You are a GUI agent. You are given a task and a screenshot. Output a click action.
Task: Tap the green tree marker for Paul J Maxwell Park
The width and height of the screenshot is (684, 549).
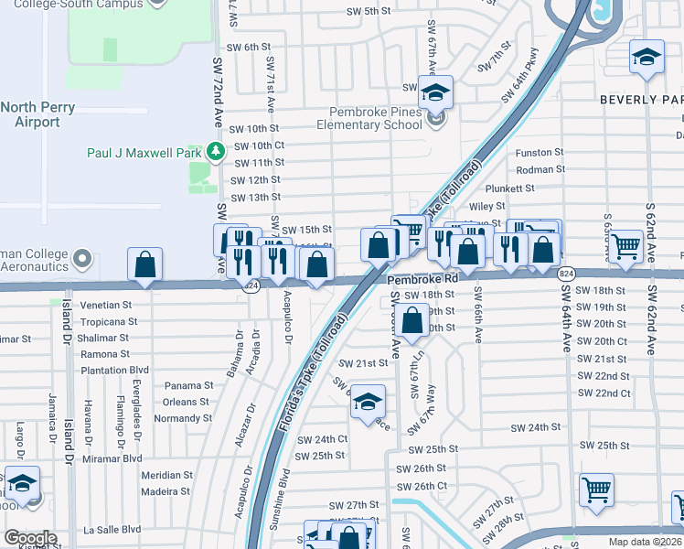pyautogui.click(x=215, y=150)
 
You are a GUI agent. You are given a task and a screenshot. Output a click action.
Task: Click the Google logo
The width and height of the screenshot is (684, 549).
pyautogui.click(x=30, y=537)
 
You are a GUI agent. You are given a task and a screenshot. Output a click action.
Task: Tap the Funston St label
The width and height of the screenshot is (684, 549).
pyautogui.click(x=540, y=153)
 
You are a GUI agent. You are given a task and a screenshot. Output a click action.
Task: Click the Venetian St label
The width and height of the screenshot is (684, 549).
pyautogui.click(x=106, y=305)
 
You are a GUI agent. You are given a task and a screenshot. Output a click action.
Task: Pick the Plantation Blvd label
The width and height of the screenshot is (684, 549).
pyautogui.click(x=115, y=371)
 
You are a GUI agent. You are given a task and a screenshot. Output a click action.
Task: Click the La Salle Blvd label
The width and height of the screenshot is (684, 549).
pyautogui.click(x=112, y=529)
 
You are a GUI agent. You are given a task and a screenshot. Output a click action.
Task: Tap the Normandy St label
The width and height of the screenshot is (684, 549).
pyautogui.click(x=183, y=418)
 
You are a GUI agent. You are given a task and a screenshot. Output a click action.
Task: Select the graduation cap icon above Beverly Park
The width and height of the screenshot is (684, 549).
pyautogui.click(x=647, y=57)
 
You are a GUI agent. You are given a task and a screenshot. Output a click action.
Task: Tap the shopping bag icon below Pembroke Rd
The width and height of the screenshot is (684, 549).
pyautogui.click(x=413, y=321)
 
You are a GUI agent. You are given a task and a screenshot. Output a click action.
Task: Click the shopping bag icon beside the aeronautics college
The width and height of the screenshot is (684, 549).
pyautogui.click(x=144, y=264)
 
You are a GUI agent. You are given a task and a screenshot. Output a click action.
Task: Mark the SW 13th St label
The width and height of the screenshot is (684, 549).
pyautogui.click(x=255, y=198)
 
